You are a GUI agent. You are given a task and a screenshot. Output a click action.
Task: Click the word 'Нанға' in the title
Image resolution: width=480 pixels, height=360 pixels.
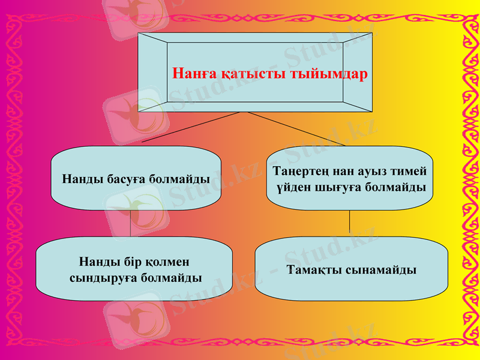[x=193, y=74]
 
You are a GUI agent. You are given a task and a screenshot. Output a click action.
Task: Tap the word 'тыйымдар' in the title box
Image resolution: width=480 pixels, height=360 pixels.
[x=329, y=74]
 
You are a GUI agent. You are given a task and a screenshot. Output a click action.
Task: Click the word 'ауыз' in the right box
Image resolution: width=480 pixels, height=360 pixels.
[x=377, y=171]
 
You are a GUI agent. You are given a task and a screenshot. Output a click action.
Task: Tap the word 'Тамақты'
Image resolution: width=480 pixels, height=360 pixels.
[x=315, y=270]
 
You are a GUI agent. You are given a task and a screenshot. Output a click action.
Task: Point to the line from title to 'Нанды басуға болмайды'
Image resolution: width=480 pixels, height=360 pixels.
[x=192, y=128]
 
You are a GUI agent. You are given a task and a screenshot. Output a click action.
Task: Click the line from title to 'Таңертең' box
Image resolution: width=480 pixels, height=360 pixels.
[x=294, y=128]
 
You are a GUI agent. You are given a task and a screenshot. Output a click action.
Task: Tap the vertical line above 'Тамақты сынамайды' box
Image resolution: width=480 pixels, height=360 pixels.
[x=350, y=222]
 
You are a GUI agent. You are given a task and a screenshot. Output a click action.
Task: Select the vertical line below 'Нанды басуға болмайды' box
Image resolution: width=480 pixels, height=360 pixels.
[x=130, y=223]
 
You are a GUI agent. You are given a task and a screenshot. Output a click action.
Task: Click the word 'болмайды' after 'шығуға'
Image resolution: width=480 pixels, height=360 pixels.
[x=395, y=187]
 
